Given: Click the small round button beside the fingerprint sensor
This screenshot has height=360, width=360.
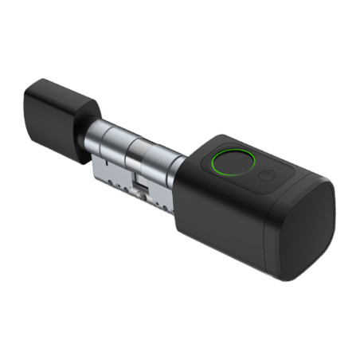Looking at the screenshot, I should coord(267,175).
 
